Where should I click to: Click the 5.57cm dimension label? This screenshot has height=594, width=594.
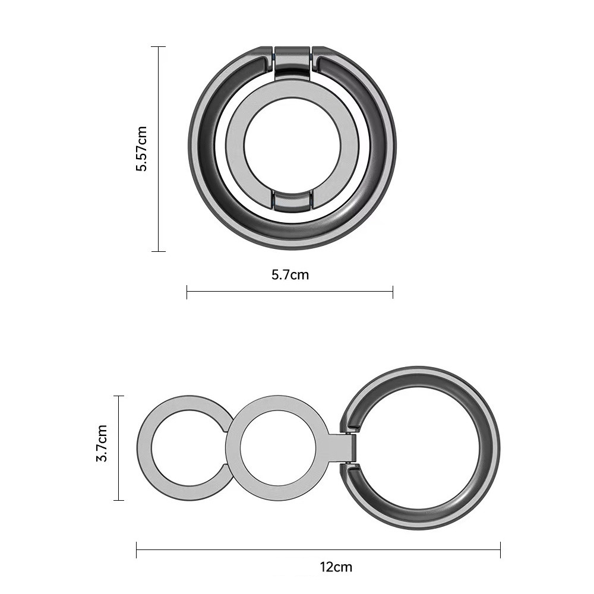141,148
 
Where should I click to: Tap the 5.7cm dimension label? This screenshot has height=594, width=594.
290,274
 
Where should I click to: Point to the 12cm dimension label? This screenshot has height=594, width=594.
336,567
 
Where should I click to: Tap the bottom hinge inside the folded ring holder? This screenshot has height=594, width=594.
292,201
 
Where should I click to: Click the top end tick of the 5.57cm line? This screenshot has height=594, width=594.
159,46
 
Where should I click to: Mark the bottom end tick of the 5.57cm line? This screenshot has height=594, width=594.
159,251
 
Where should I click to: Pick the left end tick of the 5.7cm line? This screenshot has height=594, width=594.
187,292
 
